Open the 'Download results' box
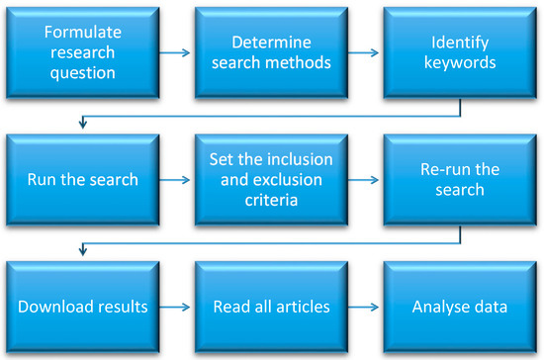(x=83, y=307)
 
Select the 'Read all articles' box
(x=271, y=307)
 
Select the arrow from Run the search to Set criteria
(x=177, y=182)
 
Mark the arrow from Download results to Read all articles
(x=177, y=308)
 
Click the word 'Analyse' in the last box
(x=439, y=308)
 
